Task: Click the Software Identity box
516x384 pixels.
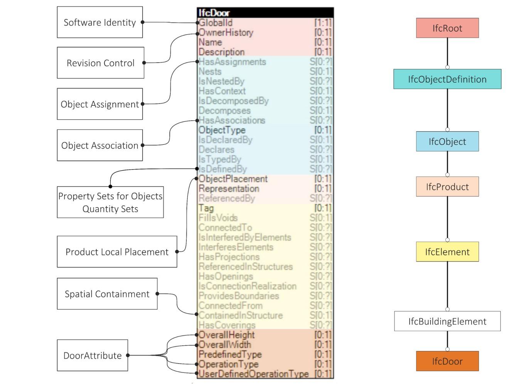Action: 99,22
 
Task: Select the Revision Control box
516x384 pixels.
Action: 100,63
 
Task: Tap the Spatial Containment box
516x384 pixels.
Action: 107,294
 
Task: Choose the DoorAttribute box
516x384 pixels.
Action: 92,355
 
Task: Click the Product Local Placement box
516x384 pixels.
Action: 117,252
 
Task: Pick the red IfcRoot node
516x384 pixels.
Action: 447,28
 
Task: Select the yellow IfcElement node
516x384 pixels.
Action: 447,252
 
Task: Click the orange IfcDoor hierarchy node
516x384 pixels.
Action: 447,361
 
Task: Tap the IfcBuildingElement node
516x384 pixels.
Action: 447,321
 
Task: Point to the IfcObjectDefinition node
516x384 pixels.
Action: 447,79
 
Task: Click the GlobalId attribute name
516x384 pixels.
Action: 216,23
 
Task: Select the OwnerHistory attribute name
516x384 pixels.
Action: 226,32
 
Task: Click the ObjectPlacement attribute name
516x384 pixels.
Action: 233,179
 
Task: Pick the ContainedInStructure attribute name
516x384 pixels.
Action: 241,315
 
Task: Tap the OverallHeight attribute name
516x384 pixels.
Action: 227,335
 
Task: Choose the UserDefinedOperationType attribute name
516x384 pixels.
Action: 253,374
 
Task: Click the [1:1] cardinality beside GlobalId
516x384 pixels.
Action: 323,23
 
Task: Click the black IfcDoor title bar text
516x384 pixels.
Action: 214,13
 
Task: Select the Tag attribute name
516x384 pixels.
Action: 206,208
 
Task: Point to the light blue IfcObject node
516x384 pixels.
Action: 447,141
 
